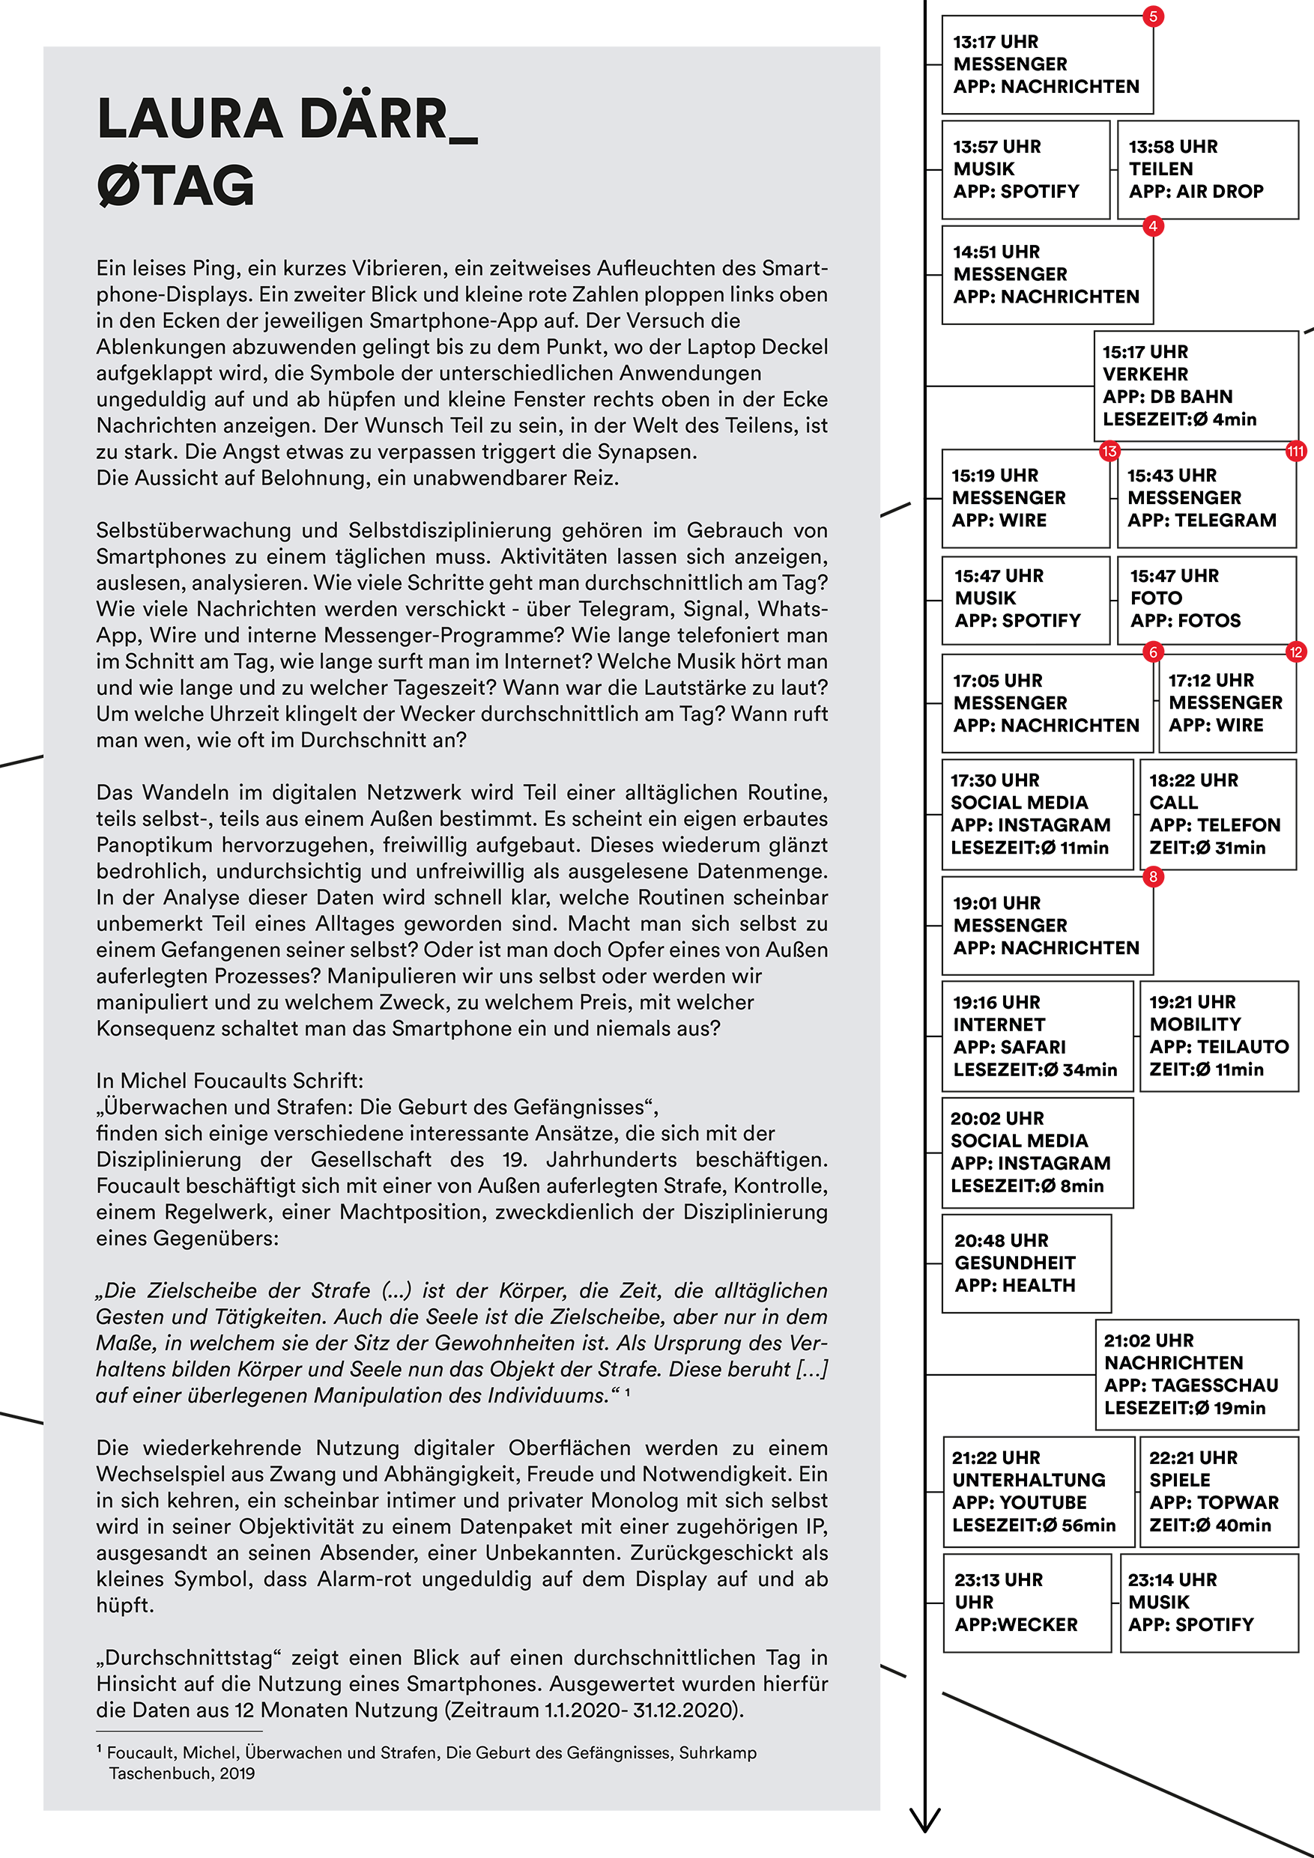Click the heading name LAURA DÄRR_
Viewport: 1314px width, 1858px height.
point(287,119)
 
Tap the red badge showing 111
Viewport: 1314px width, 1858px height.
point(1295,452)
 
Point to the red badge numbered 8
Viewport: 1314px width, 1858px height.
point(1153,876)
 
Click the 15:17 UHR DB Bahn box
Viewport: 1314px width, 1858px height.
point(1196,386)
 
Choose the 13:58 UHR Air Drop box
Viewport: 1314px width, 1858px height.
point(1207,170)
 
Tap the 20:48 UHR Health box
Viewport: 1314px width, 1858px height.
point(1026,1263)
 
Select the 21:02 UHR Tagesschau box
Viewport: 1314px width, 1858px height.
point(1196,1374)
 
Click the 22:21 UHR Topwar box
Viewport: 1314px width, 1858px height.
point(1218,1491)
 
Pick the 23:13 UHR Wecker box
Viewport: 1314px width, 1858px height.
point(1026,1603)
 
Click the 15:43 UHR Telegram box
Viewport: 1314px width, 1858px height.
point(1206,499)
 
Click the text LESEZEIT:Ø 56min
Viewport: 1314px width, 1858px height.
point(1034,1525)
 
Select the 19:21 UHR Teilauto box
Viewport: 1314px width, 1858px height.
point(1218,1036)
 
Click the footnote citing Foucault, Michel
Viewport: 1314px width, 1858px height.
point(427,1762)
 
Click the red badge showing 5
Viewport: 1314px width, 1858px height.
point(1153,16)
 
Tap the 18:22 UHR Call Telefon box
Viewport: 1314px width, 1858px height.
point(1217,814)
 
